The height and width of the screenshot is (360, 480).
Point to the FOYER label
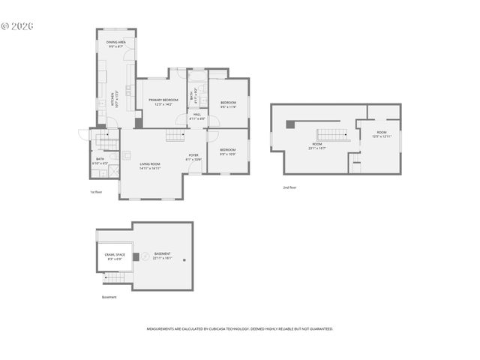(x=193, y=157)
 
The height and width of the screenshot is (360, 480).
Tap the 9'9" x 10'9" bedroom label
(x=228, y=151)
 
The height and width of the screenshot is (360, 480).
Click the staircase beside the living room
(x=175, y=135)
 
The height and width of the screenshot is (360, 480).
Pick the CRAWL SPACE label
(x=114, y=257)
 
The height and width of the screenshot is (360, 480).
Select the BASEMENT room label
(x=162, y=255)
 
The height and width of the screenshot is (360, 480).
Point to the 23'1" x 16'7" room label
(x=316, y=145)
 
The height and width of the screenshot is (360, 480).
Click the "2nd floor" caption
(x=289, y=187)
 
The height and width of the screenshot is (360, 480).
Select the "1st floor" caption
(x=95, y=192)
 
